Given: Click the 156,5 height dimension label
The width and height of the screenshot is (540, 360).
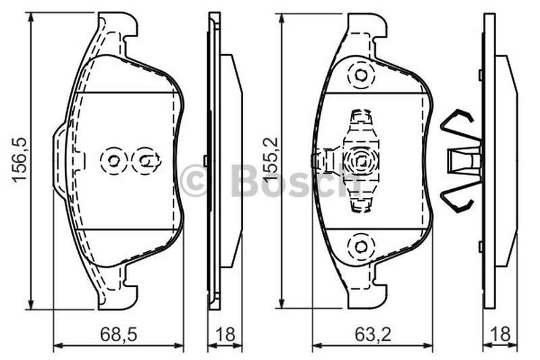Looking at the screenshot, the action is (19, 159).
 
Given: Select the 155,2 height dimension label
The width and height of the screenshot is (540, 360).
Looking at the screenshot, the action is (271, 159).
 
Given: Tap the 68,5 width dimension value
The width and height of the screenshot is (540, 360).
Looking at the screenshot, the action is (119, 334).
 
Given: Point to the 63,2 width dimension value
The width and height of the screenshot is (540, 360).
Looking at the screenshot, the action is (373, 334).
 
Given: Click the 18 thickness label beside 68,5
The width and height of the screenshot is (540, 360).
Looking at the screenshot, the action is (225, 334).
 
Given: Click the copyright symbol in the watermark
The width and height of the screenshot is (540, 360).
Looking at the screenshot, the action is (194, 180).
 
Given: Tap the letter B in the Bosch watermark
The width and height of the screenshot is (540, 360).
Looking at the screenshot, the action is (244, 180).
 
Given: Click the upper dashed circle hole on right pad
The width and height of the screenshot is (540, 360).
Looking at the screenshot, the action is (360, 75).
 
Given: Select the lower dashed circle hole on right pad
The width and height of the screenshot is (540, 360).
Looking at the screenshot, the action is (360, 246).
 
